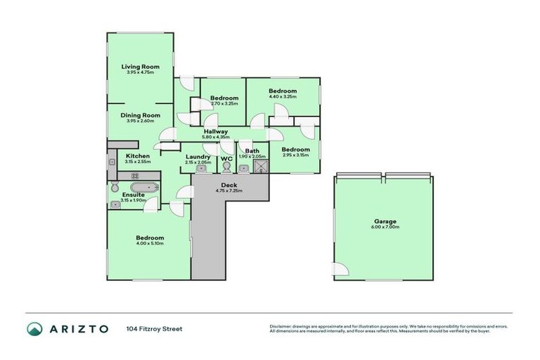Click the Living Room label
click(x=139, y=67)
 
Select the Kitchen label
click(x=138, y=155)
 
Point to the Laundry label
click(x=198, y=157)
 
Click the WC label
click(x=226, y=159)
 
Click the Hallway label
click(x=216, y=131)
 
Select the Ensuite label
click(x=133, y=195)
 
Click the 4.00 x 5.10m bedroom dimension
click(x=150, y=243)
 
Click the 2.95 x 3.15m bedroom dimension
click(x=295, y=155)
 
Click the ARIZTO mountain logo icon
click(x=34, y=328)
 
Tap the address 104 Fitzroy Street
click(x=154, y=328)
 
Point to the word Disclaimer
click(x=281, y=326)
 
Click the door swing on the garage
click(x=340, y=269)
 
